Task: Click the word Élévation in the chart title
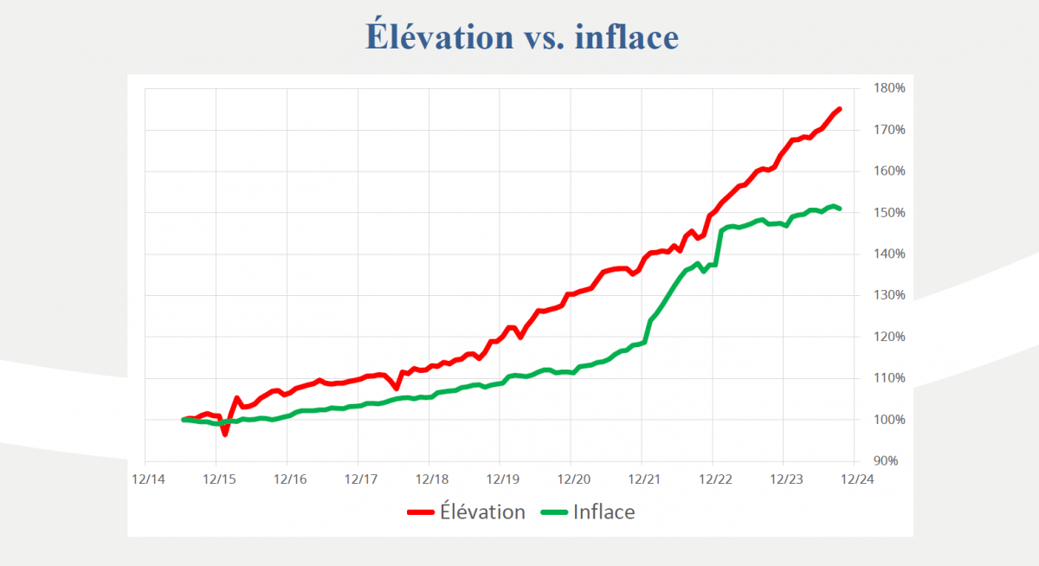[439, 36]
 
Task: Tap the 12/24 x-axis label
[855, 479]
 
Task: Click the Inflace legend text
[603, 511]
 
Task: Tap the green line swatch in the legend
[554, 512]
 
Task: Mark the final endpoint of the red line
[840, 109]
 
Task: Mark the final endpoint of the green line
[840, 209]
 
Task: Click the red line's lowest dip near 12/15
[225, 434]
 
